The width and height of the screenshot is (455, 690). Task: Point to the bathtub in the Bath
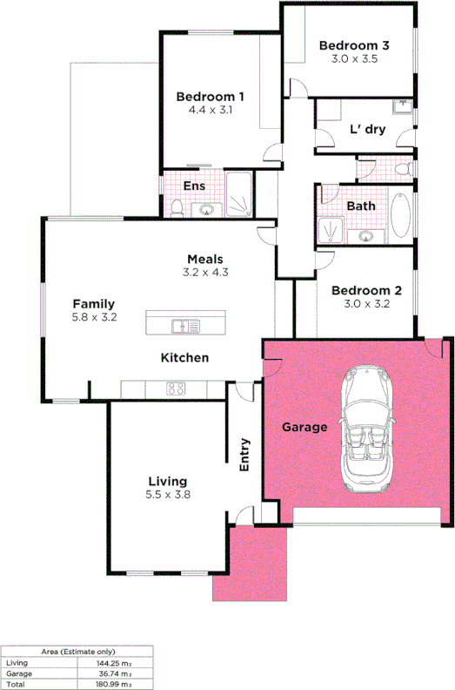pos(401,214)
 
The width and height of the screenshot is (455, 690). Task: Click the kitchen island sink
pos(181,327)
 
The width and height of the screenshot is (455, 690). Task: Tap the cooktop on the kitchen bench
pos(177,389)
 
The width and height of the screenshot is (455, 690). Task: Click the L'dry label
pos(367,130)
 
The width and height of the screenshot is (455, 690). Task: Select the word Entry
pos(244,454)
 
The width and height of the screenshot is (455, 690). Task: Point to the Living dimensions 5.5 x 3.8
pos(168,495)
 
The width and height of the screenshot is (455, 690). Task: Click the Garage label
pos(304,428)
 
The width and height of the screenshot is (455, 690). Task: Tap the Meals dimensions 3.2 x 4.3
pos(205,273)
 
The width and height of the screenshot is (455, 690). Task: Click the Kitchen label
pos(184,358)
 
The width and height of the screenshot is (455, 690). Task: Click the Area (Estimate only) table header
pos(78,652)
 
